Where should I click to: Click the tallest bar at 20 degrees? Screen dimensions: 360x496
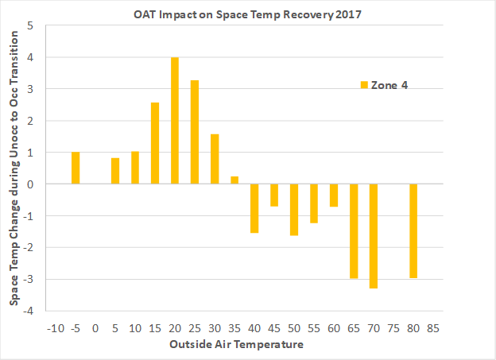175,121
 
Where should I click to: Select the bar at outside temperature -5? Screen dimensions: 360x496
76,168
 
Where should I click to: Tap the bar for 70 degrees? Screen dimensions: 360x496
374,236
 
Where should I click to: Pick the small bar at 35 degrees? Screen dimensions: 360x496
234,180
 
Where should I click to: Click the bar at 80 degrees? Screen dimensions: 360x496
413,230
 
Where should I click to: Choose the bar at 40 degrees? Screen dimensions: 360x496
254,208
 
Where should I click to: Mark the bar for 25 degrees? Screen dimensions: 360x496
195,132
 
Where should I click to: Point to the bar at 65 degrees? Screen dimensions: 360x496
354,230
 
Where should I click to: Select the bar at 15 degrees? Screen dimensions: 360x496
155,143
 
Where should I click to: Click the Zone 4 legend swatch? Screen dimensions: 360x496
364,85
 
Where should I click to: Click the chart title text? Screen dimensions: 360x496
231,14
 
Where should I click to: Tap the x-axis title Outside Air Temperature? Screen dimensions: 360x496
235,345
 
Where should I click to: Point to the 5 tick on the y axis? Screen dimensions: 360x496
30,25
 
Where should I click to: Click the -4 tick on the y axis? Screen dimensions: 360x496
29,310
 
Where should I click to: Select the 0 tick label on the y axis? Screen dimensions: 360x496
30,184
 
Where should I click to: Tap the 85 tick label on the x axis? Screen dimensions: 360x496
433,327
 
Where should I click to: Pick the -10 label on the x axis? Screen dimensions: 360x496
55,327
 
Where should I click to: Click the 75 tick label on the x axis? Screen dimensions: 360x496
393,327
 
